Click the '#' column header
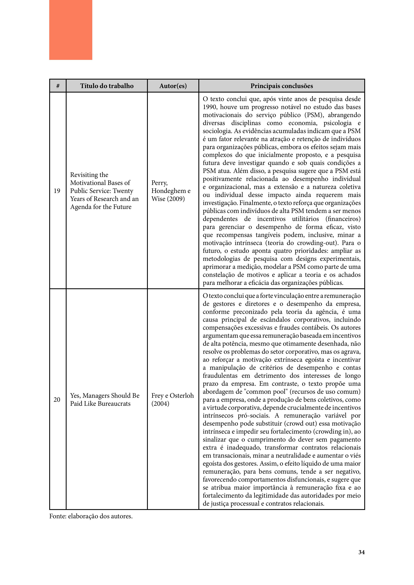pyautogui.click(x=58, y=86)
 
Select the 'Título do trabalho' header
pyautogui.click(x=107, y=86)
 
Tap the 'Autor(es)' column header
pyautogui.click(x=173, y=86)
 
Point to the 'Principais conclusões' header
pyautogui.click(x=282, y=86)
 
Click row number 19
pyautogui.click(x=57, y=191)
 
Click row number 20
pyautogui.click(x=57, y=400)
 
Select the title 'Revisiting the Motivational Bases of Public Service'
pyautogui.click(x=104, y=191)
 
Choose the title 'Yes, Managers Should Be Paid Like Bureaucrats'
pyautogui.click(x=105, y=400)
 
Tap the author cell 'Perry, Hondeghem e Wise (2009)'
pyautogui.click(x=171, y=191)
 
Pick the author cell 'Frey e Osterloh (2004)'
pyautogui.click(x=172, y=400)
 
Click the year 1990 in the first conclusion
pyautogui.click(x=210, y=107)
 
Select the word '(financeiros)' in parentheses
pyautogui.click(x=343, y=219)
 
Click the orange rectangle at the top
pyautogui.click(x=71, y=30)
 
